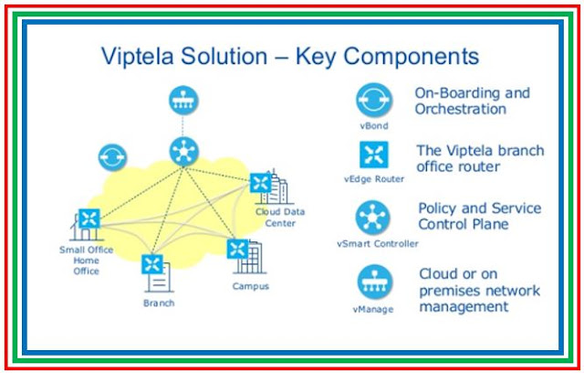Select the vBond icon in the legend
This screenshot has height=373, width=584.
tap(374, 99)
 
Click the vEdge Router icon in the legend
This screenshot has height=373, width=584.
tap(374, 154)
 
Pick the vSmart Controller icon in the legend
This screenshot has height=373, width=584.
tap(374, 218)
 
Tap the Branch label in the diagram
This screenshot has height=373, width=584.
tap(157, 302)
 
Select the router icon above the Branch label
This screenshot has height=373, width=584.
tap(151, 265)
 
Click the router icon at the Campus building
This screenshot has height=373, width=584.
tap(238, 248)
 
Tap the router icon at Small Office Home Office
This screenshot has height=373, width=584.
tap(89, 218)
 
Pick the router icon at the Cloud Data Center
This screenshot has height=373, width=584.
tap(261, 184)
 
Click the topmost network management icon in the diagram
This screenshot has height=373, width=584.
tap(183, 100)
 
